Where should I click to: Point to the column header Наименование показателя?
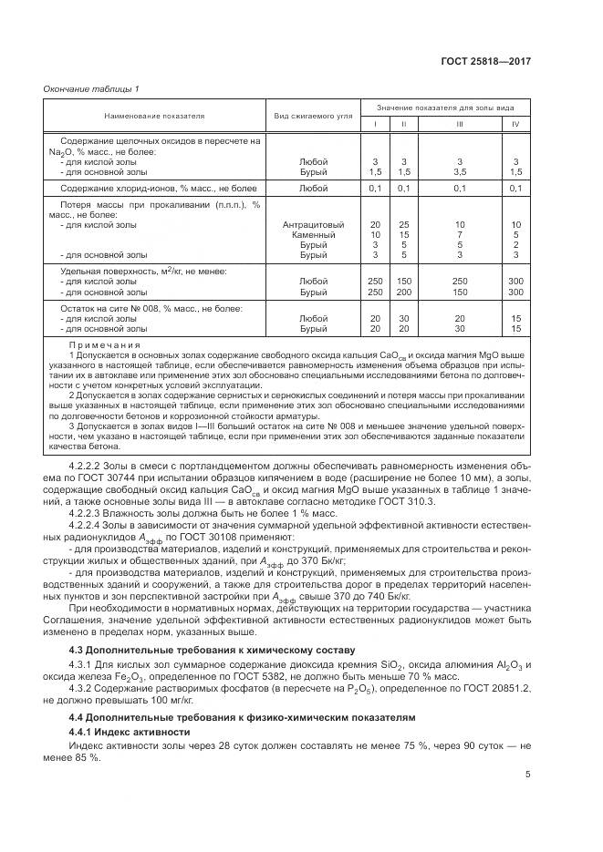(x=154, y=117)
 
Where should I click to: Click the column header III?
(x=460, y=124)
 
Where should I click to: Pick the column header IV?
(x=515, y=124)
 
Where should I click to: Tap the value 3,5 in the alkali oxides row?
(x=460, y=170)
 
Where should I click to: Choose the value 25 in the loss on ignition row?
(x=404, y=224)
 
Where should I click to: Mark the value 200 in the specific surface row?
(x=404, y=292)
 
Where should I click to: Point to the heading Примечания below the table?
(x=105, y=346)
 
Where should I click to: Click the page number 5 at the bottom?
(x=528, y=775)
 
